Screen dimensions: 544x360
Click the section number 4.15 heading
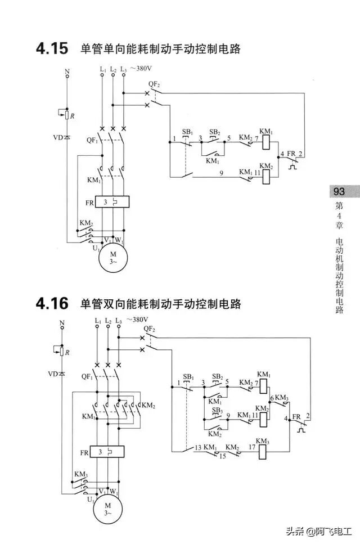pyautogui.click(x=52, y=49)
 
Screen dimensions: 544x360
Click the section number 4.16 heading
pyautogui.click(x=52, y=304)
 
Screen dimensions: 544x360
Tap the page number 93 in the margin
pyautogui.click(x=339, y=191)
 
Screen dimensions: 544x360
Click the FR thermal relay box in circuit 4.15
pyautogui.click(x=112, y=201)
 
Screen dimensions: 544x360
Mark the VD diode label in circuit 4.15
pyautogui.click(x=58, y=137)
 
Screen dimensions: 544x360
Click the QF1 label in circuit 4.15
pyautogui.click(x=91, y=140)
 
